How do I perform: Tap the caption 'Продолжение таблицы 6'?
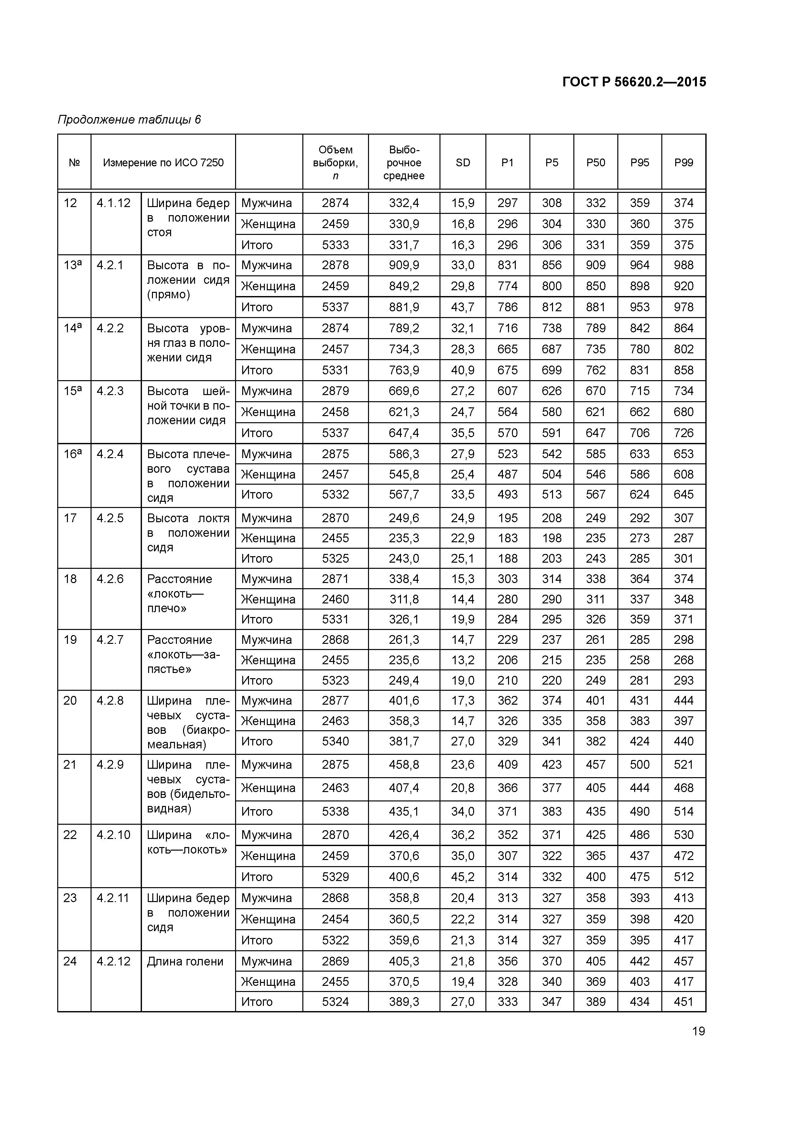[x=129, y=120]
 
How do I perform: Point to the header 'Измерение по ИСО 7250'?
[x=163, y=163]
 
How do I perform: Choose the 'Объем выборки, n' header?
[x=336, y=163]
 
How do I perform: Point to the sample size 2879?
[x=336, y=391]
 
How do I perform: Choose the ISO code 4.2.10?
[x=114, y=835]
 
